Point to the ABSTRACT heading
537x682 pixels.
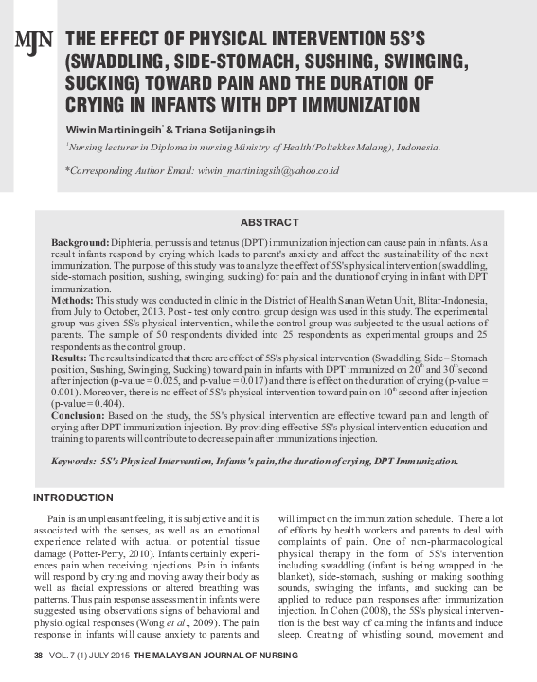click(x=269, y=222)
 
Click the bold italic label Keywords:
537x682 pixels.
click(x=73, y=462)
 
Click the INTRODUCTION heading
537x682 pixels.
click(x=73, y=498)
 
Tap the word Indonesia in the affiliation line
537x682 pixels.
click(x=417, y=148)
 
